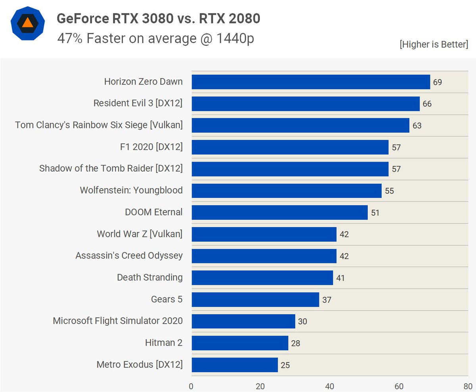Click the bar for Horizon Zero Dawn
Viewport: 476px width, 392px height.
pyautogui.click(x=311, y=82)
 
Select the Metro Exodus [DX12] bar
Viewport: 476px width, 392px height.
pyautogui.click(x=235, y=365)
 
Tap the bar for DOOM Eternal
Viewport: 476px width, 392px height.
pyautogui.click(x=280, y=212)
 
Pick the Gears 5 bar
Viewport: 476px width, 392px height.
pyautogui.click(x=255, y=299)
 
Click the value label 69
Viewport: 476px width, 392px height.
pyautogui.click(x=438, y=82)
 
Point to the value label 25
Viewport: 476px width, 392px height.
pyautogui.click(x=285, y=365)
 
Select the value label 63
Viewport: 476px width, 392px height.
pyautogui.click(x=417, y=126)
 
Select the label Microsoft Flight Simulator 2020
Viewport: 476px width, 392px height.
pyautogui.click(x=118, y=321)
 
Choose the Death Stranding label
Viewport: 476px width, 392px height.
pyautogui.click(x=150, y=278)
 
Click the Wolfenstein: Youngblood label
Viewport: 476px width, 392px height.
pyautogui.click(x=131, y=191)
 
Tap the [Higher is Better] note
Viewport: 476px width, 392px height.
pyautogui.click(x=434, y=44)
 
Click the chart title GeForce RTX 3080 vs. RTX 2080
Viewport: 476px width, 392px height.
pyautogui.click(x=159, y=19)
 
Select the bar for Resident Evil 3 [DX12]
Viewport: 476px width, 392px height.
pyautogui.click(x=305, y=104)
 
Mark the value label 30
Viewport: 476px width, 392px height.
pyautogui.click(x=303, y=321)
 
